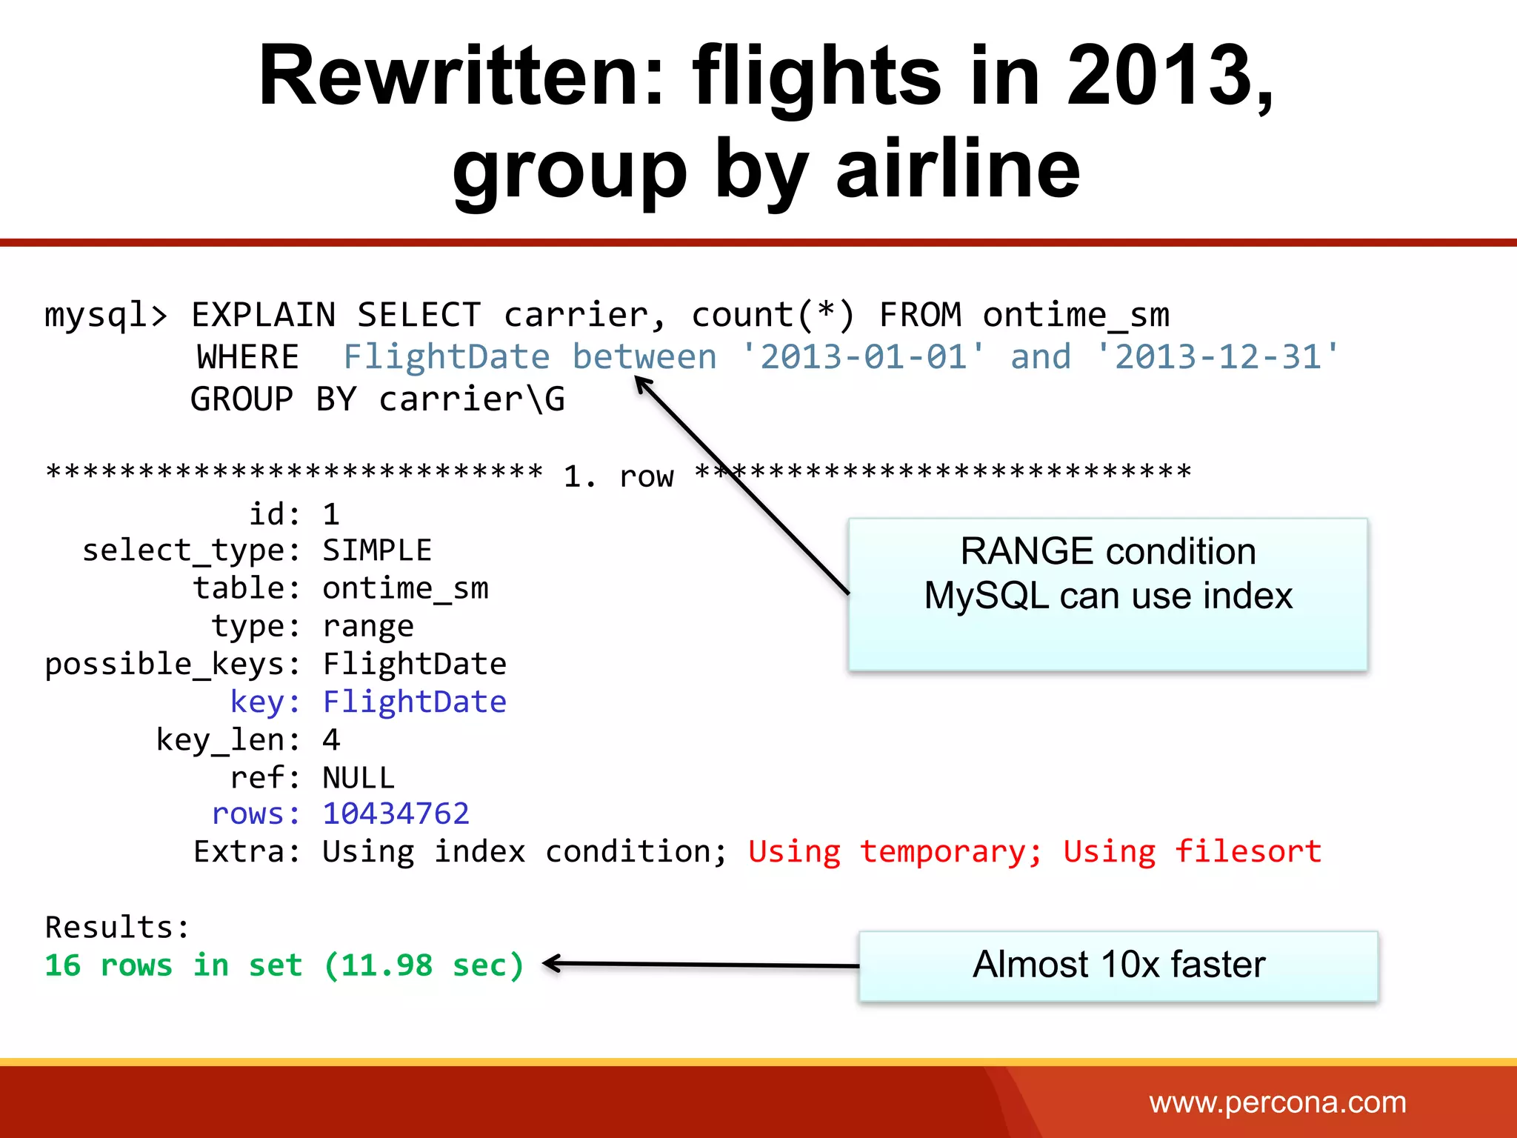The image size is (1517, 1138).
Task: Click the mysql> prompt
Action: point(106,316)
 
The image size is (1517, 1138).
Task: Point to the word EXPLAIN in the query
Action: point(263,316)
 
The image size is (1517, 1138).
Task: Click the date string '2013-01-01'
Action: point(864,357)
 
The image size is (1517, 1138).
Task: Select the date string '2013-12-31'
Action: point(1218,357)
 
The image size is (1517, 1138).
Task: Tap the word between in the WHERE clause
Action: point(644,357)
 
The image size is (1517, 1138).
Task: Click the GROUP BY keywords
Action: point(273,399)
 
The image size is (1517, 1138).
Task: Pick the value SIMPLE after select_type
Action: point(377,550)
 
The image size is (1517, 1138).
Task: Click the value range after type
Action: point(368,627)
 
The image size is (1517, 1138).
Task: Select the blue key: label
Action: point(264,702)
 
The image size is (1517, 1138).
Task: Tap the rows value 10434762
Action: point(396,814)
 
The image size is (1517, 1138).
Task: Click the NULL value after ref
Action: point(359,778)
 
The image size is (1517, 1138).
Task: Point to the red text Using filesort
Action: point(1192,852)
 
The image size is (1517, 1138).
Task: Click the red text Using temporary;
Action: point(895,852)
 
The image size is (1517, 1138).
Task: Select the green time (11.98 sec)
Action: point(424,965)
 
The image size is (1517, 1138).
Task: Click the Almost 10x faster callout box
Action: point(1118,965)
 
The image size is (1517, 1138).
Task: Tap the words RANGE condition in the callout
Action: point(1107,552)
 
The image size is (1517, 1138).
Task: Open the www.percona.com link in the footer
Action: point(1277,1102)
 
